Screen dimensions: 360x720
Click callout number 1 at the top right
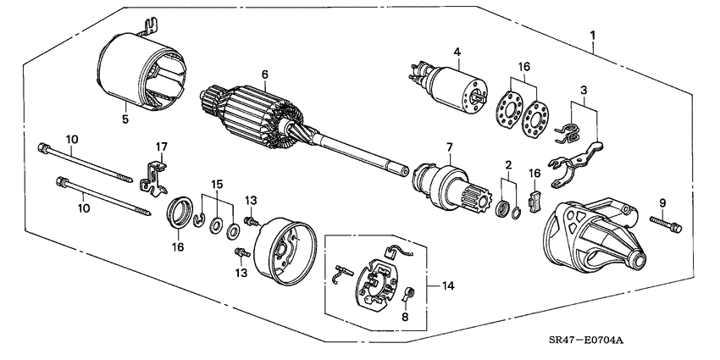pos(592,36)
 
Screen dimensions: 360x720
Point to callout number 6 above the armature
pos(264,75)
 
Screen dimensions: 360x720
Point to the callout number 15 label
pos(217,185)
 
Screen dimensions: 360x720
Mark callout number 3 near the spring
pos(583,89)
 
